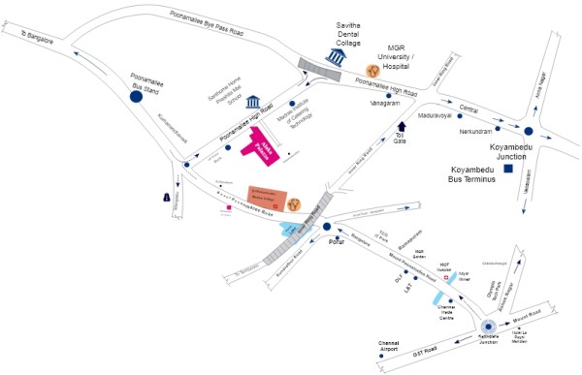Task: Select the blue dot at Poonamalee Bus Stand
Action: (136, 95)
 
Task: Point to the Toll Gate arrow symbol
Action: (402, 126)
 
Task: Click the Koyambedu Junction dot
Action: (529, 130)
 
